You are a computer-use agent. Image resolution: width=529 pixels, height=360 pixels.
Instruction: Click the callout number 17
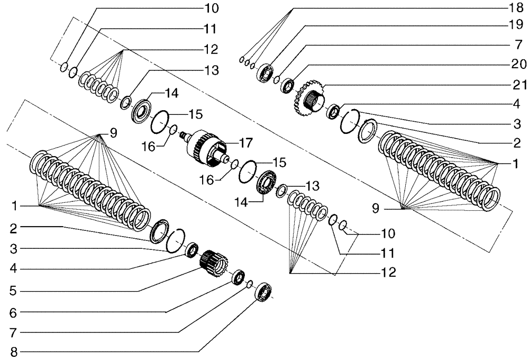pyautogui.click(x=245, y=142)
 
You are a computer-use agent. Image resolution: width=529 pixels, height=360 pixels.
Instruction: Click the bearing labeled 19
pyautogui.click(x=264, y=71)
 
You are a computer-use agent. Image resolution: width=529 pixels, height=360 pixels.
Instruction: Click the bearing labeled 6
pyautogui.click(x=238, y=276)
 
